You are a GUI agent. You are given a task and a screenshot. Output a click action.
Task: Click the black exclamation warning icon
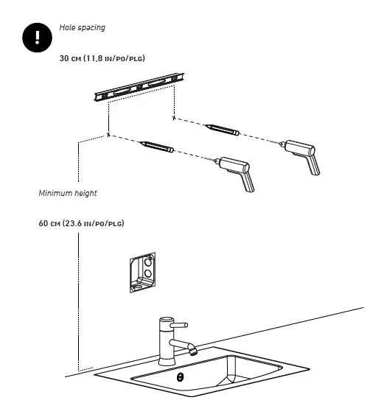38,38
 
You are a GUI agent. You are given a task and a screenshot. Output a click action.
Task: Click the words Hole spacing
83,27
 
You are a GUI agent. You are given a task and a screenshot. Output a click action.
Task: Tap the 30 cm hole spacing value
102,58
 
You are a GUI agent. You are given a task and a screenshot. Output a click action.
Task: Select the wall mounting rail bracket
139,87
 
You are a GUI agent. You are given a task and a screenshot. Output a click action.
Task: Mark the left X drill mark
108,134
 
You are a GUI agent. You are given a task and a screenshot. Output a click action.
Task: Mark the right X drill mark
174,118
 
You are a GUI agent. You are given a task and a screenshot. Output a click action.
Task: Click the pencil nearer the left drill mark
157,147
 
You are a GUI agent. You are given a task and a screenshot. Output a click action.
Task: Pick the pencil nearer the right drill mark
223,130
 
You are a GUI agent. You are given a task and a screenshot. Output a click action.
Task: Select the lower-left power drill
234,172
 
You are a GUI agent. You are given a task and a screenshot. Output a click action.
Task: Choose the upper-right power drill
300,156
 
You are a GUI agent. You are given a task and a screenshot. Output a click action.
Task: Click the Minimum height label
68,193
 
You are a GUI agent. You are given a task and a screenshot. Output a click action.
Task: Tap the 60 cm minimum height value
81,223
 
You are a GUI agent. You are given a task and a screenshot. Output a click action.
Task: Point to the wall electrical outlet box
143,273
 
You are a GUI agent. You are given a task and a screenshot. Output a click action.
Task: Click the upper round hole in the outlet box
148,262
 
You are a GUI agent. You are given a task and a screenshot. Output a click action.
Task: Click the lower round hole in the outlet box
148,273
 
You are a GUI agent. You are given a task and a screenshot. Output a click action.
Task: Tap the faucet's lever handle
179,325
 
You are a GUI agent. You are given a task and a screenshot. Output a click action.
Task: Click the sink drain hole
181,377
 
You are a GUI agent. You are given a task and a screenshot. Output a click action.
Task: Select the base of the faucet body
167,361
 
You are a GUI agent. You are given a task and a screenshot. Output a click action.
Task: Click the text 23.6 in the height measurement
73,223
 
